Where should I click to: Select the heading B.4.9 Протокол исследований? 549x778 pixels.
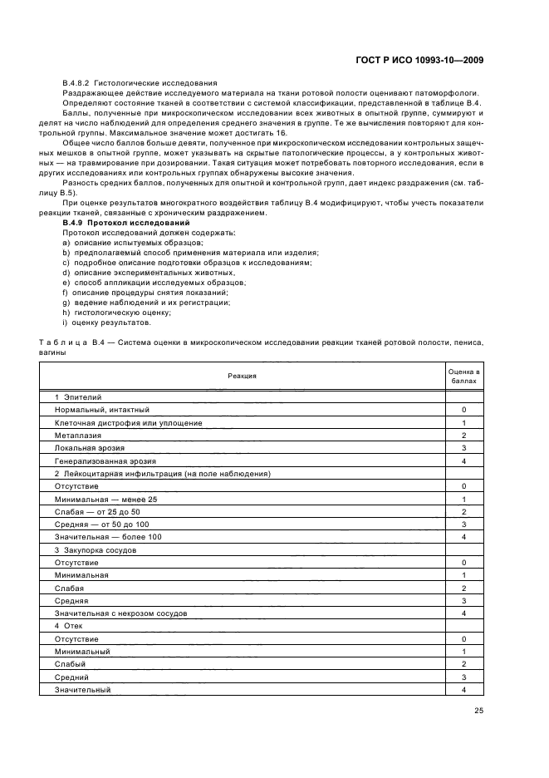114,223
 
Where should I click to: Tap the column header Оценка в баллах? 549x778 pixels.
464,375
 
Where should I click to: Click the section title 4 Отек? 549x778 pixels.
70,626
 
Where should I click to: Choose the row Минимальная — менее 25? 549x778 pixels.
105,499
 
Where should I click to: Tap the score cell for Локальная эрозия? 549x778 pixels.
464,448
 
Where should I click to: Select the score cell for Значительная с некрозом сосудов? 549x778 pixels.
464,613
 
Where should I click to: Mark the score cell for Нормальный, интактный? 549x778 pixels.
464,410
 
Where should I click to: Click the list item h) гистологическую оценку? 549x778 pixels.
111,313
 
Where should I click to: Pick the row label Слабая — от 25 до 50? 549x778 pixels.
96,511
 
